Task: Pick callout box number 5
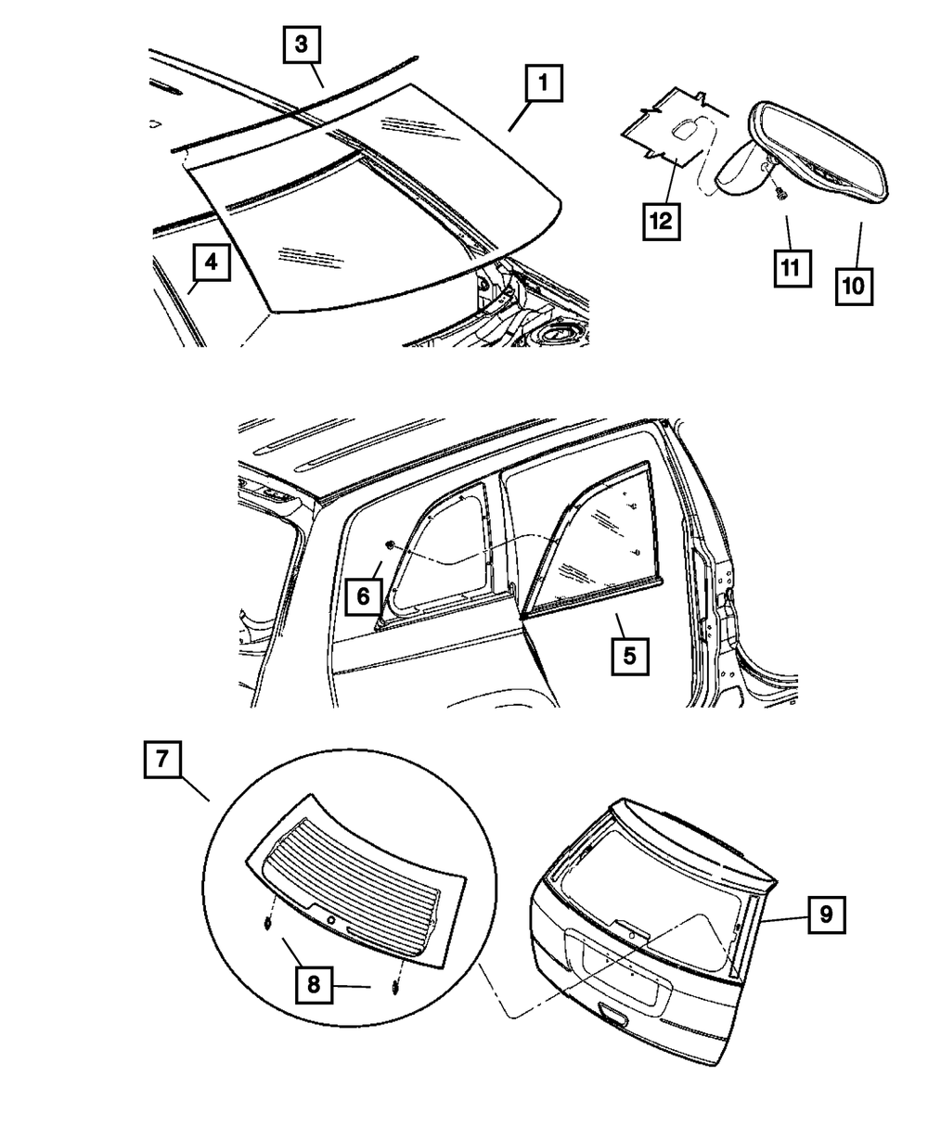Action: click(628, 657)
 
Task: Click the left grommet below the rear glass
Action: click(267, 923)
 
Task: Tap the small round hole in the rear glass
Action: click(331, 918)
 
